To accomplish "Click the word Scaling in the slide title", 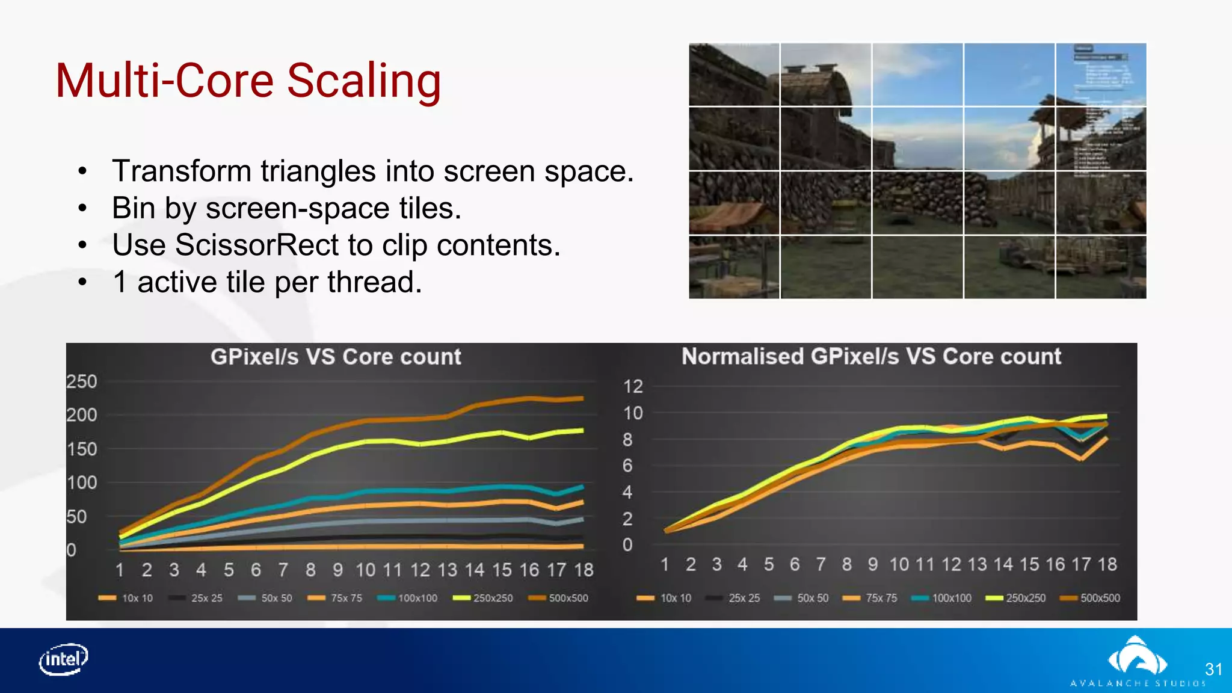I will point(364,81).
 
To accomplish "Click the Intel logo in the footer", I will point(63,659).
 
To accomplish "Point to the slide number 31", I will point(1213,670).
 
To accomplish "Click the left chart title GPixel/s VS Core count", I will point(336,357).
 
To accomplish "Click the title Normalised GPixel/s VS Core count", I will point(871,356).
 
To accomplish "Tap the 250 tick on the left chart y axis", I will point(81,381).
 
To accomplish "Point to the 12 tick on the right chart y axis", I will point(633,386).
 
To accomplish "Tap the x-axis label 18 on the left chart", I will point(584,570).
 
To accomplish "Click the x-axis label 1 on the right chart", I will point(665,564).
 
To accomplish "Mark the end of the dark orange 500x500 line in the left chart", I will point(581,398).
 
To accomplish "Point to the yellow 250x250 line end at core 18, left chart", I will point(581,430).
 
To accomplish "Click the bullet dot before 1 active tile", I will point(83,282).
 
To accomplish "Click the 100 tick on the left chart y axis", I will point(81,482).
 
